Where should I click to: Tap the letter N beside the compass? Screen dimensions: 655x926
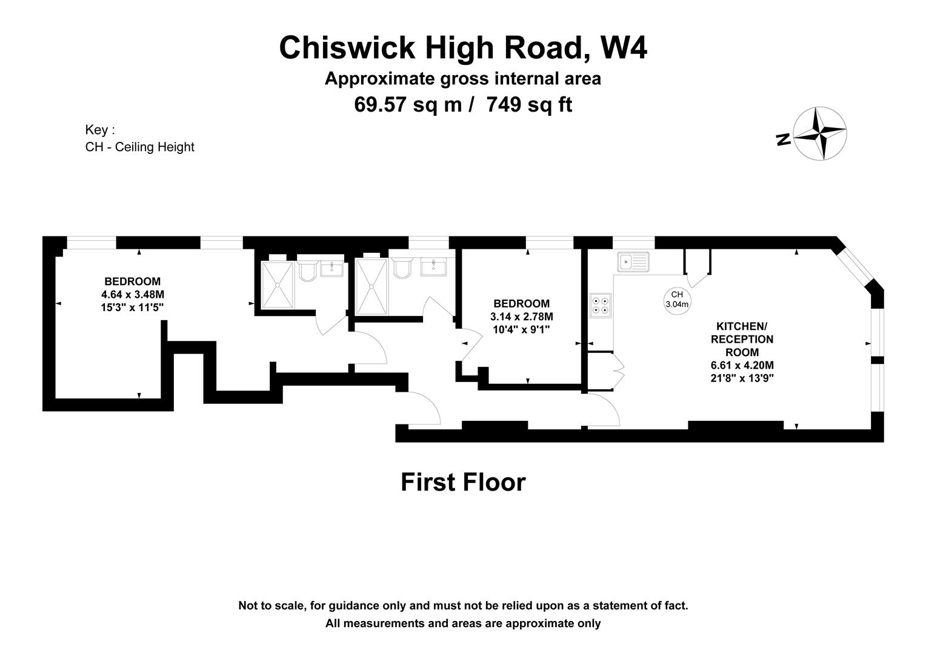click(x=783, y=139)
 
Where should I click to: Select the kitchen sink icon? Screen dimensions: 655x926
click(x=633, y=262)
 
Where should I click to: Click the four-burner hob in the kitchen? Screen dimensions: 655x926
click(x=601, y=306)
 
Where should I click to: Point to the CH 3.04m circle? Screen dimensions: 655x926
click(x=677, y=300)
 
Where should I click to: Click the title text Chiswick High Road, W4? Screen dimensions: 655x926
click(x=462, y=48)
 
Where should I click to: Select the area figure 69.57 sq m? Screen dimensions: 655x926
click(x=407, y=105)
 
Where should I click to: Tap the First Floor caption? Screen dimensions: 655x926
click(x=463, y=482)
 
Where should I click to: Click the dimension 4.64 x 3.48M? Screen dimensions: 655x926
click(x=133, y=295)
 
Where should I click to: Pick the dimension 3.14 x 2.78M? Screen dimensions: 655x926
click(x=521, y=317)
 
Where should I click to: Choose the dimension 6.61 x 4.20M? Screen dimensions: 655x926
click(x=742, y=365)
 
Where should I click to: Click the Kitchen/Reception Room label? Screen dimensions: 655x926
click(x=742, y=339)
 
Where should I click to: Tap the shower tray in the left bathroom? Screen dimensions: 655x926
click(x=277, y=284)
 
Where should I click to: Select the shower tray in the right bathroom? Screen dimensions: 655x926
click(x=371, y=287)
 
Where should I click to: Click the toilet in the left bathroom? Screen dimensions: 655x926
click(x=307, y=271)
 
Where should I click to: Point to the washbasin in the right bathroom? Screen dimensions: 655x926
click(x=433, y=266)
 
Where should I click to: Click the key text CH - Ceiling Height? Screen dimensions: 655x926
click(x=140, y=147)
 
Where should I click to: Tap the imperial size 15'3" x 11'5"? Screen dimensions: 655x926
click(x=133, y=307)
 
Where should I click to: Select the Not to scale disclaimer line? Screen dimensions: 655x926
click(x=463, y=605)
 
